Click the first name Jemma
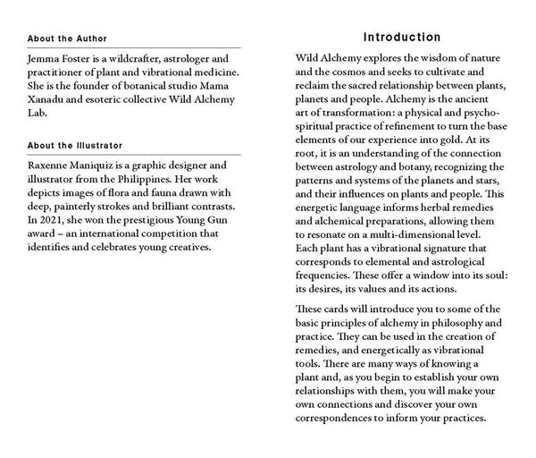45,58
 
